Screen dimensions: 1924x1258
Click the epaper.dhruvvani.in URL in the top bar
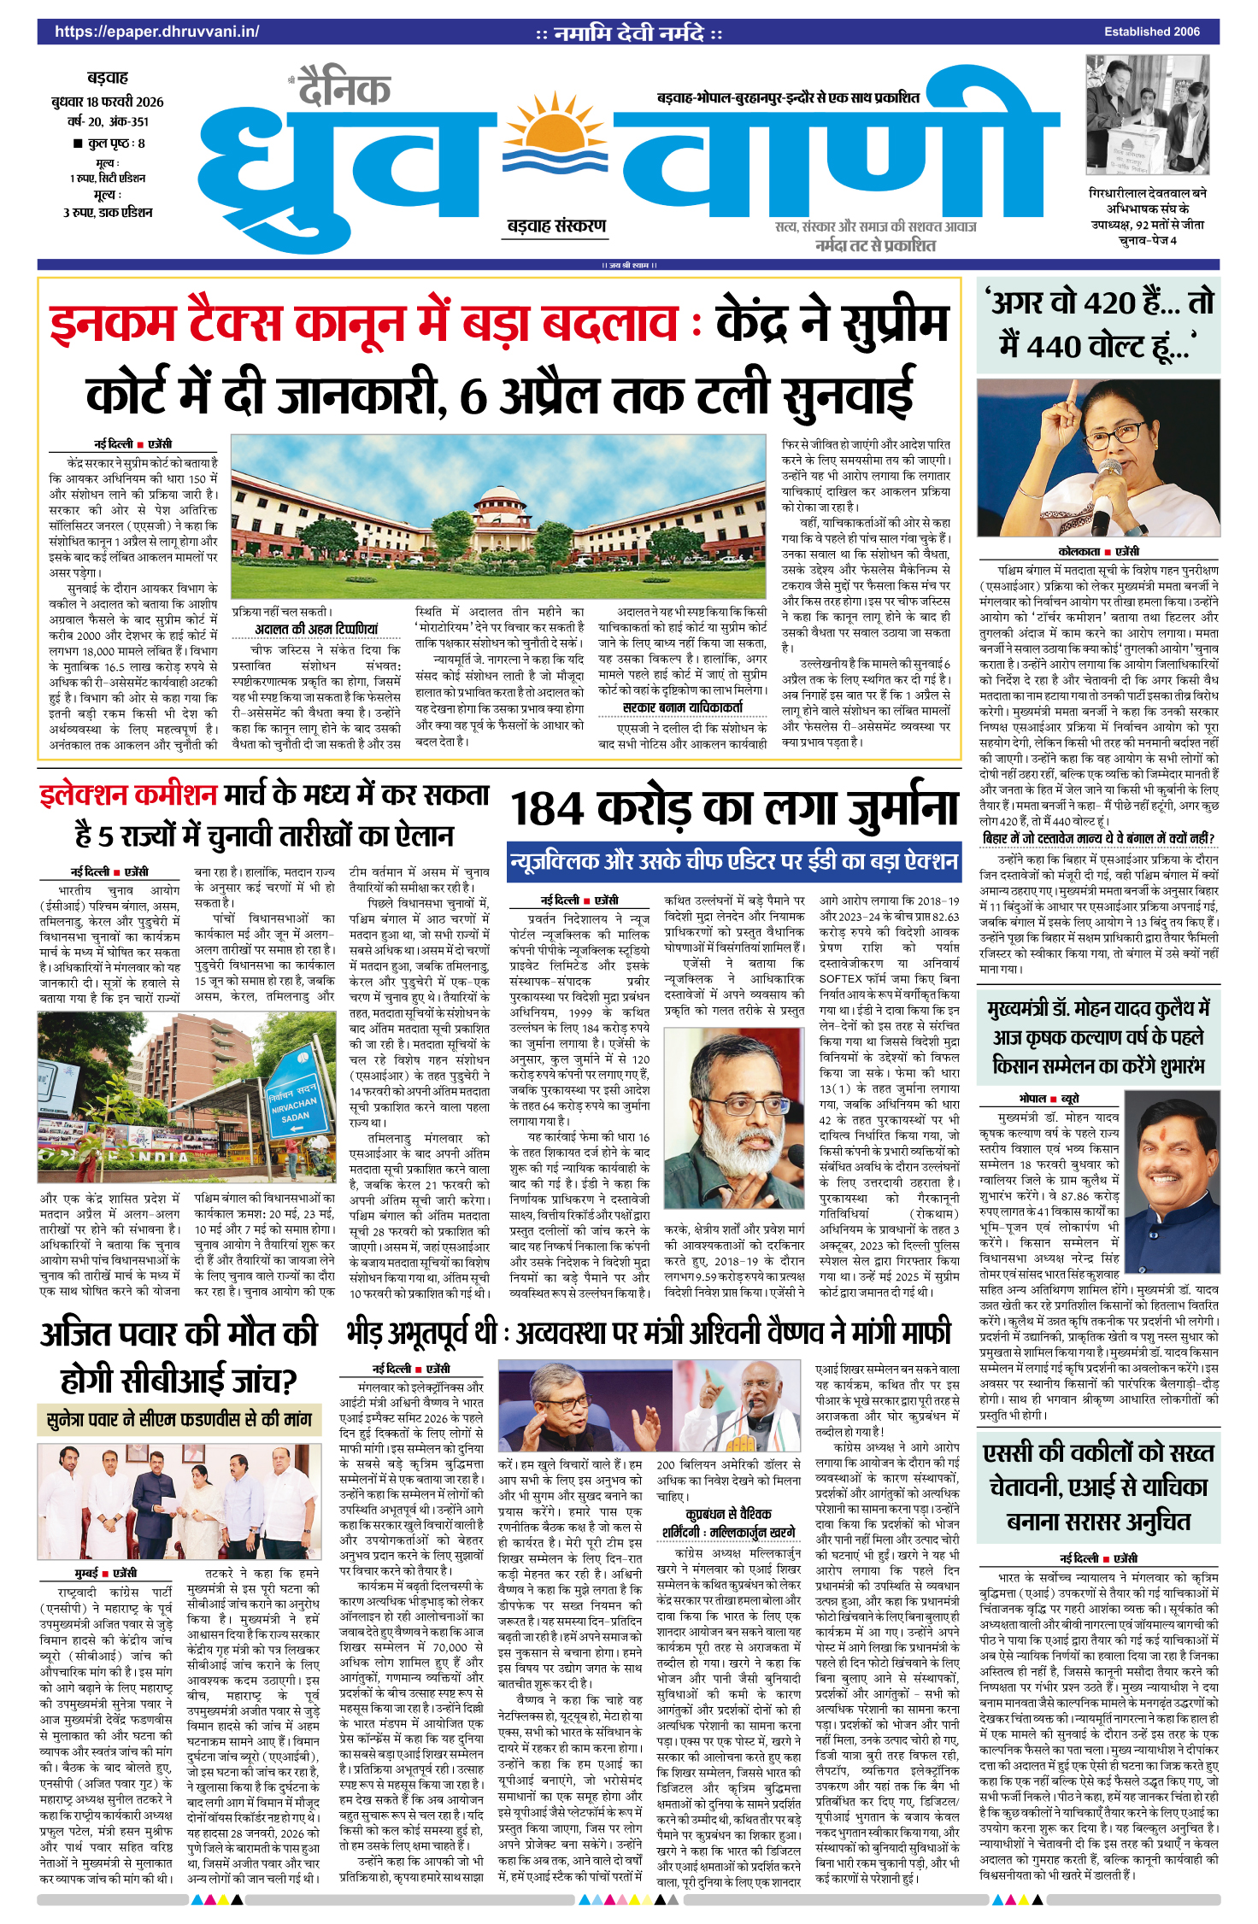point(156,32)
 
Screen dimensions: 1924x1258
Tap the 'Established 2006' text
point(1151,32)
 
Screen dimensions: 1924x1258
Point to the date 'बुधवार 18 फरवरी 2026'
point(108,102)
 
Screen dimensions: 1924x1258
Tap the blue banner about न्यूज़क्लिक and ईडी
point(733,861)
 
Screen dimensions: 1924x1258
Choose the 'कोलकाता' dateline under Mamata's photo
point(1079,552)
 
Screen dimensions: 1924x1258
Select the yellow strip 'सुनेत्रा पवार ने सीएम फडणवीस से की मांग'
point(179,1420)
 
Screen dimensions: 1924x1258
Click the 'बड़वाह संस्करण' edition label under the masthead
point(556,226)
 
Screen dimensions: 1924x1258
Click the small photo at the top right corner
point(1148,114)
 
